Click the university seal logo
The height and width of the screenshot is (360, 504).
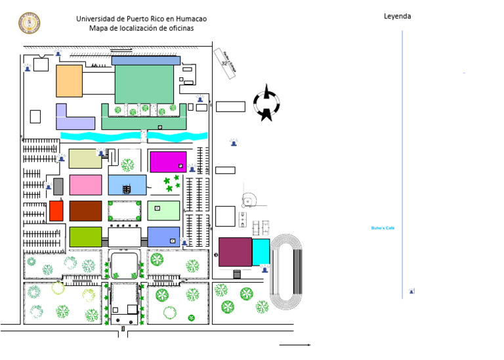(x=29, y=23)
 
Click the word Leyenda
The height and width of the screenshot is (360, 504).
(x=397, y=16)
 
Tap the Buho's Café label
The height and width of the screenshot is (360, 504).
(x=382, y=228)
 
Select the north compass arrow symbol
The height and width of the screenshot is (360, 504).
(x=267, y=102)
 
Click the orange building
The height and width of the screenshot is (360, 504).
(x=69, y=81)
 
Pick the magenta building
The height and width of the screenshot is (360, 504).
(x=167, y=161)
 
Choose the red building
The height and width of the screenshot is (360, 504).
(x=56, y=210)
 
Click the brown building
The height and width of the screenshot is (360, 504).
(x=85, y=210)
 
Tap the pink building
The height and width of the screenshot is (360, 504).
(x=85, y=185)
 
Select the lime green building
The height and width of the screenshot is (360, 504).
(x=85, y=237)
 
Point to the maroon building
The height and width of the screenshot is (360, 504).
(x=235, y=252)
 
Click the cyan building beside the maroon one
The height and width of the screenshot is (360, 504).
(x=261, y=252)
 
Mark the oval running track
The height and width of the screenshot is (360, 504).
(x=287, y=271)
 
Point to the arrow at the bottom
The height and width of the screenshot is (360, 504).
(x=295, y=344)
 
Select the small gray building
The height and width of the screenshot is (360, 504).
(x=58, y=186)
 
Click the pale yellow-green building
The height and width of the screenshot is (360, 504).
(x=85, y=159)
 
